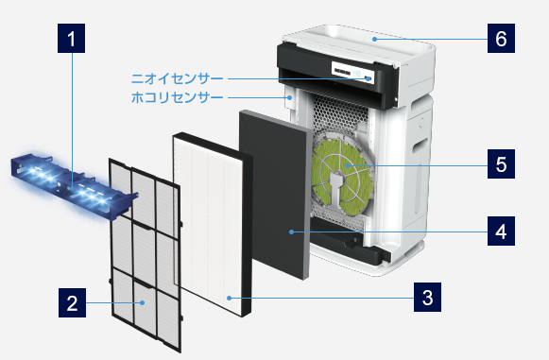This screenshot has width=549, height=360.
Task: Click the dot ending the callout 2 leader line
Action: point(143,303)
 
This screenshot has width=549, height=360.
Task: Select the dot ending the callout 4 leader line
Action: point(295,231)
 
